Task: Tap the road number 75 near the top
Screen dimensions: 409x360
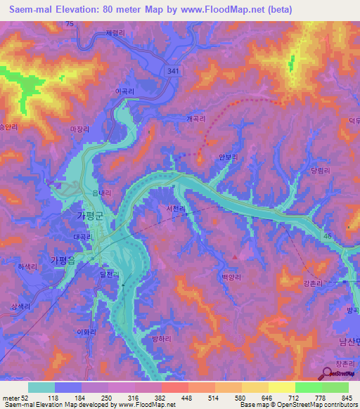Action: click(x=68, y=25)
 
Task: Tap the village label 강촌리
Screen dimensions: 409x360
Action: click(x=314, y=283)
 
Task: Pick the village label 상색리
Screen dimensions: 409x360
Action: click(x=22, y=306)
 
